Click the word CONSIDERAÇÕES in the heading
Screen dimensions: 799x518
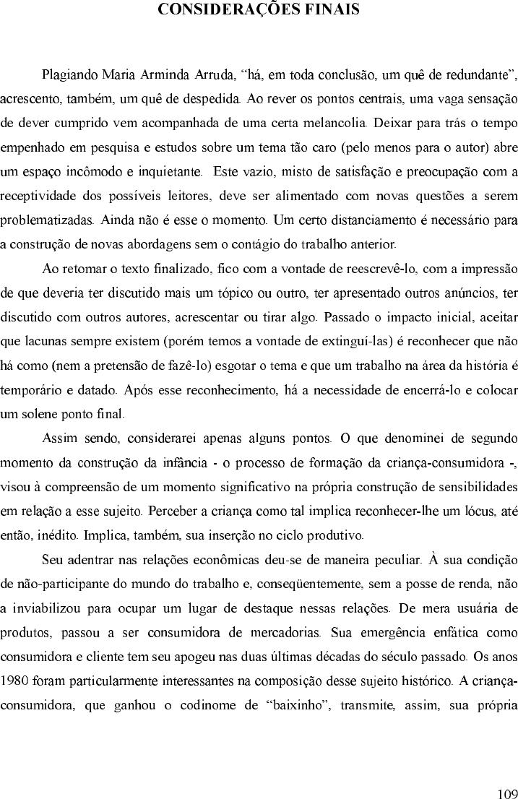pyautogui.click(x=221, y=9)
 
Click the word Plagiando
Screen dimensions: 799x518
pyautogui.click(x=69, y=74)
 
